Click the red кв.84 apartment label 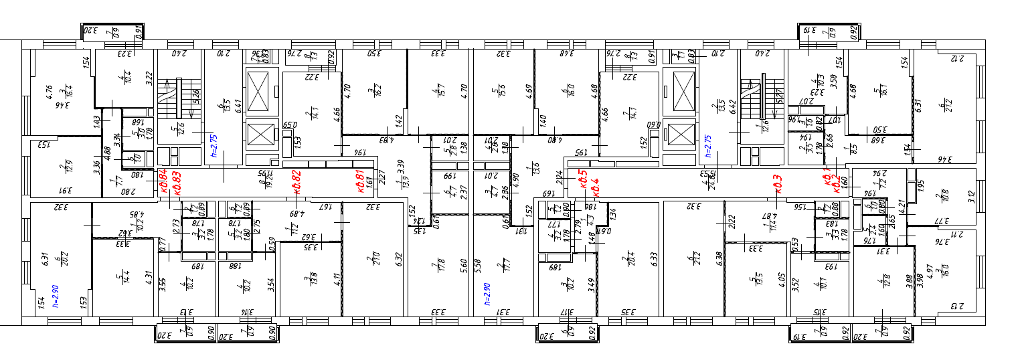pos(162,181)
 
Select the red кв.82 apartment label pos(296,181)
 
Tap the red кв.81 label pos(359,181)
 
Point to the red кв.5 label pos(583,179)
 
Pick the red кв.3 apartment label pos(778,181)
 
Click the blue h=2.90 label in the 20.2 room pos(57,294)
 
